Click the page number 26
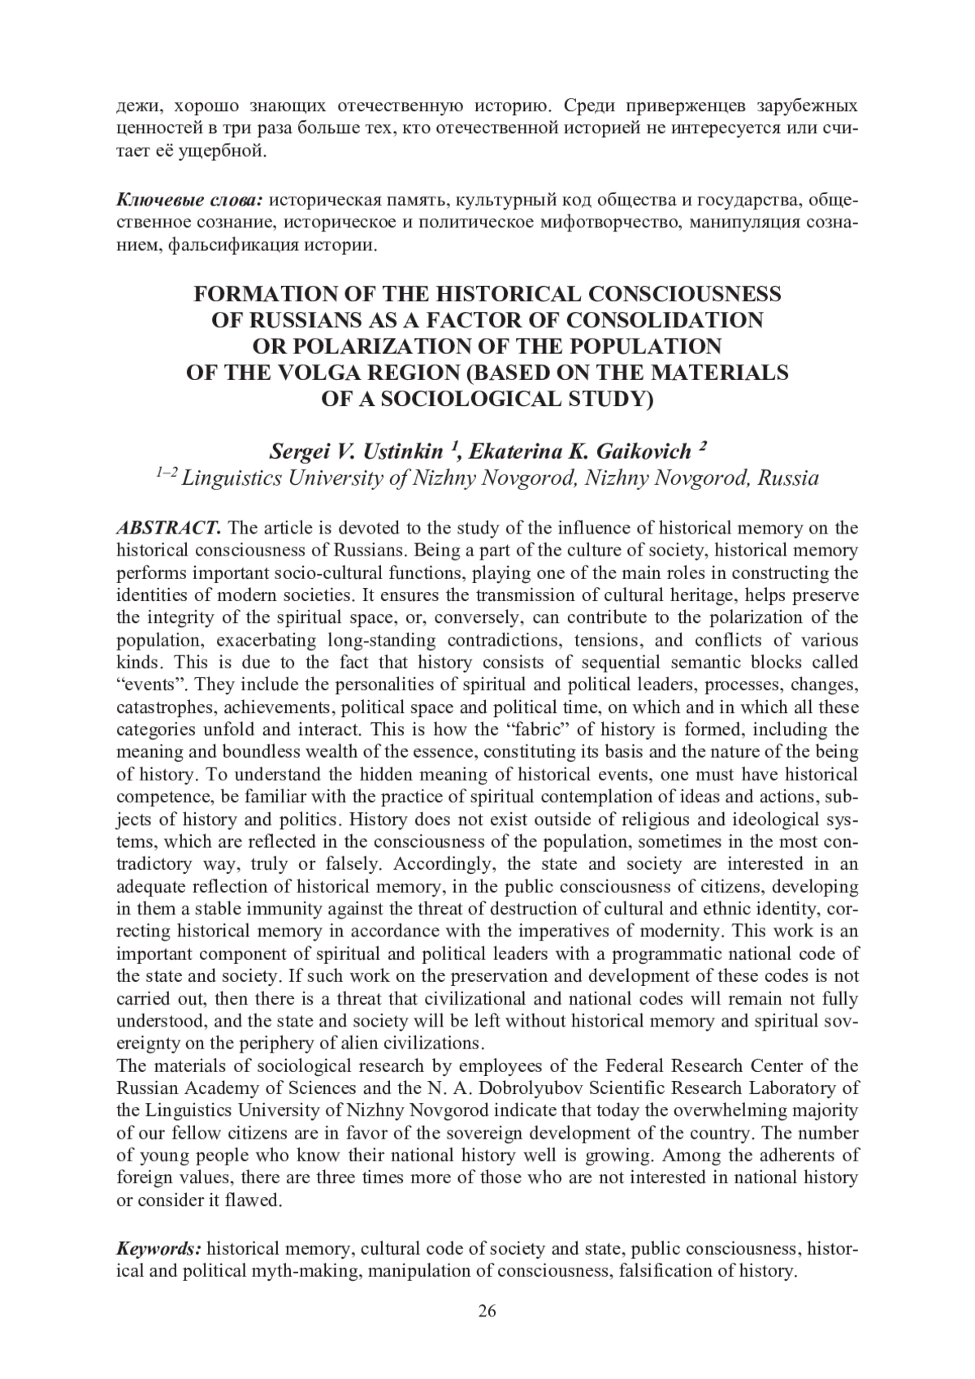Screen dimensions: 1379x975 click(487, 1312)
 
